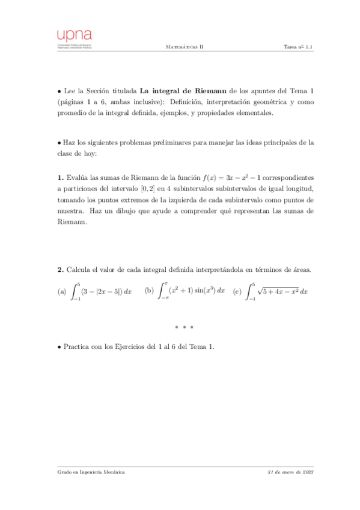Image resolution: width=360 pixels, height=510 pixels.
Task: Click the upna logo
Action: (75, 39)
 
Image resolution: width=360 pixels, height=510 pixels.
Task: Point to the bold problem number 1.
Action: (59, 178)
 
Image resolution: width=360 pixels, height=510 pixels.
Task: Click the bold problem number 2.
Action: (59, 269)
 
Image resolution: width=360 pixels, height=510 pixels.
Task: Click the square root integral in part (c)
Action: (278, 291)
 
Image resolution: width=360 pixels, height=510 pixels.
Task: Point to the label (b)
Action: (150, 290)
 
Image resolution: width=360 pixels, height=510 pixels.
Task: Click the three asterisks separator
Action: (184, 327)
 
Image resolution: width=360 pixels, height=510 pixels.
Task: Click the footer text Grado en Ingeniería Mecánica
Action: (91, 473)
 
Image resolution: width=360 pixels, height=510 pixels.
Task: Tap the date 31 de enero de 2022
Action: (290, 473)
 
